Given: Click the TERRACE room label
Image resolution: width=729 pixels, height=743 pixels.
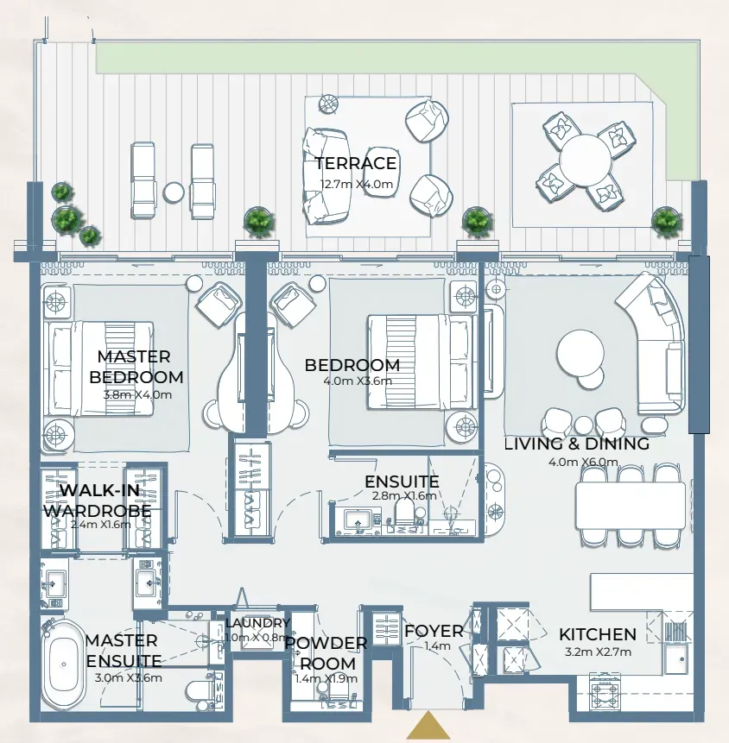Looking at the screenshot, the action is pyautogui.click(x=356, y=163).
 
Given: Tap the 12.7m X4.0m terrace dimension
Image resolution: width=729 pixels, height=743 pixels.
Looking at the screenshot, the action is pyautogui.click(x=357, y=184).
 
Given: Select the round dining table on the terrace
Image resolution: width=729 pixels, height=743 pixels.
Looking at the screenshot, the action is pyautogui.click(x=585, y=160).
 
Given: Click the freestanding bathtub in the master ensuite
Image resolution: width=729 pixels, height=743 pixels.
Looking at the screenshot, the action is pyautogui.click(x=62, y=664).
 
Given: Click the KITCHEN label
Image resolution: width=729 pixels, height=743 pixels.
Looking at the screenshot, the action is pyautogui.click(x=598, y=634).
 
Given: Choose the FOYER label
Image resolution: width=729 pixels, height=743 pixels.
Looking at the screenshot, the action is pyautogui.click(x=434, y=631).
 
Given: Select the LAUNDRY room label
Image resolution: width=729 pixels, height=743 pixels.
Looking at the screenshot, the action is pyautogui.click(x=257, y=623).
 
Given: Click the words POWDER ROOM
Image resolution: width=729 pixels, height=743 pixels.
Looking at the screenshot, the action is pyautogui.click(x=326, y=653).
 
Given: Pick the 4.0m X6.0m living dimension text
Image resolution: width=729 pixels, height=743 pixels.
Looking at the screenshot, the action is pyautogui.click(x=583, y=462).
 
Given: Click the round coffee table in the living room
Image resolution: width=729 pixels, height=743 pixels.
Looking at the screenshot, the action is pyautogui.click(x=580, y=354).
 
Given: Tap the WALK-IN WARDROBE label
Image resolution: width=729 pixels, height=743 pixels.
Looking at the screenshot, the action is pyautogui.click(x=98, y=500).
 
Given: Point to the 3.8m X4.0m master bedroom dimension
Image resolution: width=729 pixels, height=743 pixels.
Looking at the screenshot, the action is pyautogui.click(x=137, y=394).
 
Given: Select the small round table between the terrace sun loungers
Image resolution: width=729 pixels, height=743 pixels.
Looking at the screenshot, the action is pyautogui.click(x=174, y=192).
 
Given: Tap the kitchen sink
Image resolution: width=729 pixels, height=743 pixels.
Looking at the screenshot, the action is pyautogui.click(x=675, y=658).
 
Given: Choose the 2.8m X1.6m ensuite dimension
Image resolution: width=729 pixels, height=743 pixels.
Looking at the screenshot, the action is pyautogui.click(x=403, y=495).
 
